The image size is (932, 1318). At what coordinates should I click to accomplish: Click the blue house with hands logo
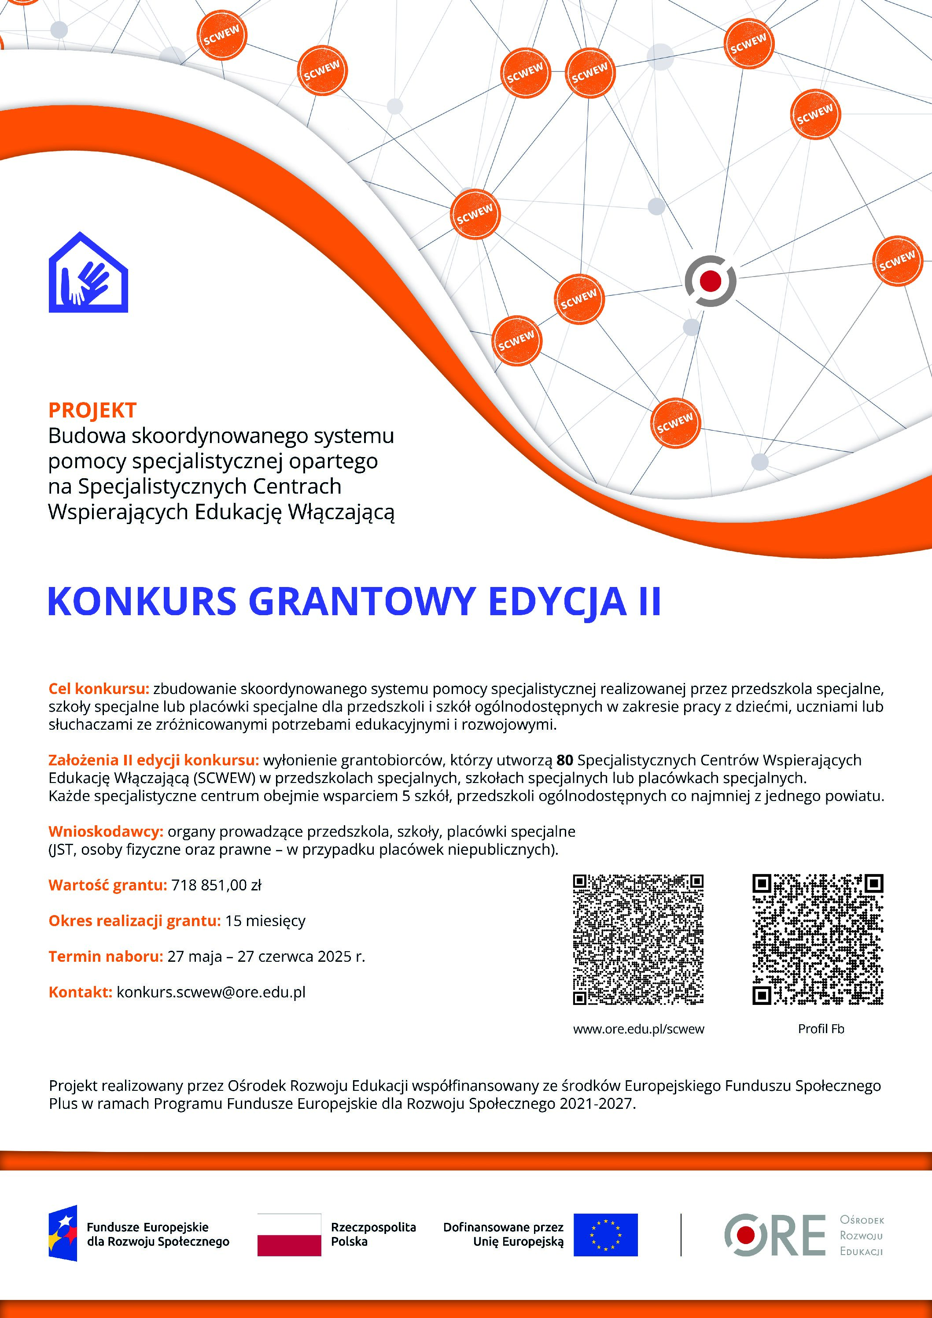coord(88,273)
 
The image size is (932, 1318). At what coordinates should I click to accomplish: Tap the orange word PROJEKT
coord(92,410)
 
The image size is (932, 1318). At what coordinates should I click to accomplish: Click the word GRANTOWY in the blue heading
coord(361,602)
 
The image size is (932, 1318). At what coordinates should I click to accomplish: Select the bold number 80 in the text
coord(565,760)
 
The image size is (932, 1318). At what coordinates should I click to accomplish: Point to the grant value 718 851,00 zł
coord(216,885)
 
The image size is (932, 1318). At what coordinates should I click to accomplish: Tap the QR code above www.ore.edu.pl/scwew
coord(638,940)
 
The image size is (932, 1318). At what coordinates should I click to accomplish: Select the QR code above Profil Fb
coord(818,940)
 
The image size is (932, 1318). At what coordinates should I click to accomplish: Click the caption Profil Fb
coord(821,1029)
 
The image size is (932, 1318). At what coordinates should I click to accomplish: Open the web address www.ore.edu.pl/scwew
coord(638,1029)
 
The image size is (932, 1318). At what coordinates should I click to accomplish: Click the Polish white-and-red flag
coord(289,1234)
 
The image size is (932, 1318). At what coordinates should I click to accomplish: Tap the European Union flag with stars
coord(605,1234)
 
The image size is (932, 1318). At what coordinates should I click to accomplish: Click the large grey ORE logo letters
coord(775,1235)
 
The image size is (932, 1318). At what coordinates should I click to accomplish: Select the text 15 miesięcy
coord(265,921)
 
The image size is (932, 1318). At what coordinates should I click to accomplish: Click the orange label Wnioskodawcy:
coord(106,831)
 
